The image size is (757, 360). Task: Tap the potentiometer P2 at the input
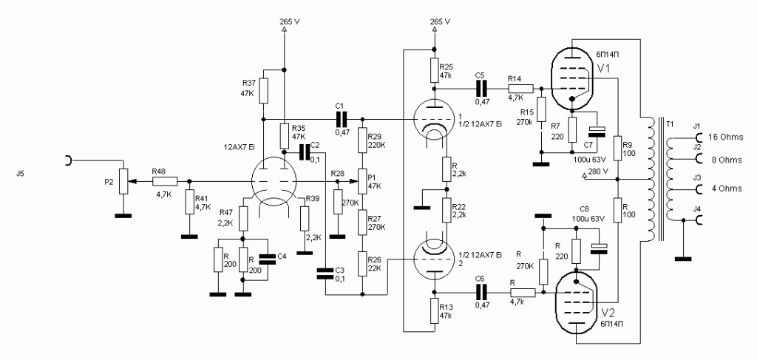point(123,179)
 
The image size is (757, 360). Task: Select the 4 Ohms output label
point(725,189)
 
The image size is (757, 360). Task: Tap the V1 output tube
point(574,74)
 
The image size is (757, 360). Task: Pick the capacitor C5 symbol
point(481,87)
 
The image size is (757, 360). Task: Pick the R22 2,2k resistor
point(447,210)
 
